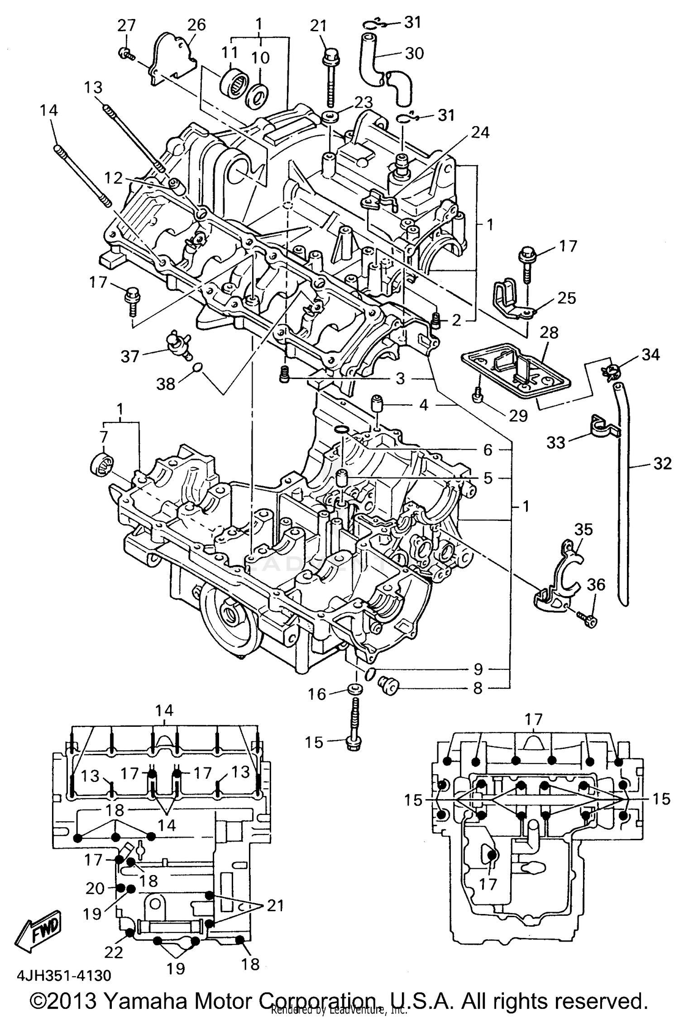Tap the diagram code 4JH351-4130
pos(64,975)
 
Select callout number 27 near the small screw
pos(127,26)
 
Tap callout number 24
pos(481,132)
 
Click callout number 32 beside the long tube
pos(662,463)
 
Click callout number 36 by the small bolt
pos(596,585)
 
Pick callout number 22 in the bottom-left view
pos(114,952)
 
